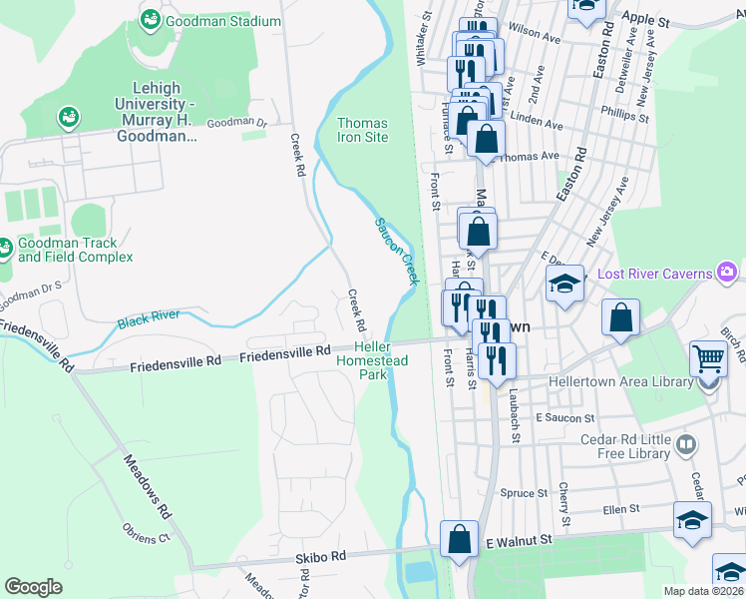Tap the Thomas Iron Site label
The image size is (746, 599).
pos(362,130)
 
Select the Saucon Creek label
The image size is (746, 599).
pos(395,251)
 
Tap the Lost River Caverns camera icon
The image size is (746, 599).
pos(727,272)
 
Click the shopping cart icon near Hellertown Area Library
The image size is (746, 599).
pos(708,357)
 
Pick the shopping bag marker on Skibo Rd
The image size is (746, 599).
pos(459,538)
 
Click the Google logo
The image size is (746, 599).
pos(33,587)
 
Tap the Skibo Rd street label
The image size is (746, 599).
pos(320,555)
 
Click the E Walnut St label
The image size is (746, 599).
pos(519,540)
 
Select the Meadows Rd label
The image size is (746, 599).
pos(147,484)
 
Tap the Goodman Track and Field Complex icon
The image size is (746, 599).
pos(5,246)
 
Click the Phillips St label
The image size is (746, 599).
pos(624,117)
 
